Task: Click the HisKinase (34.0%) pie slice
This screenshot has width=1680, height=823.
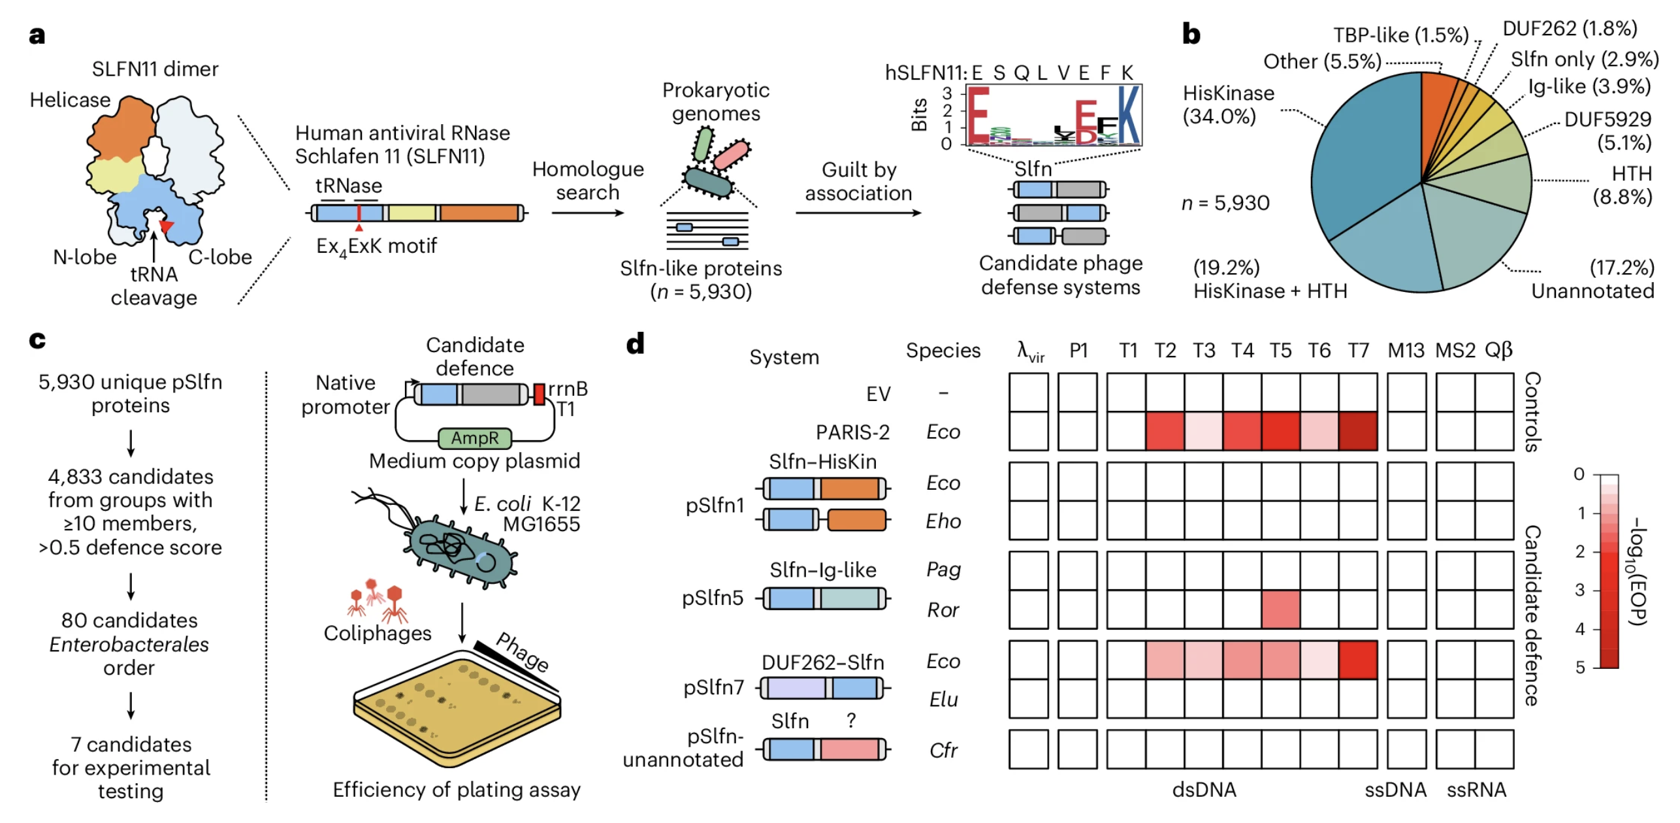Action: pos(1359,157)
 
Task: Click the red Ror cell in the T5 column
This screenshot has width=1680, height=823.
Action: pos(1280,609)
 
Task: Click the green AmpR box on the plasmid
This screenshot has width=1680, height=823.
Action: pos(474,438)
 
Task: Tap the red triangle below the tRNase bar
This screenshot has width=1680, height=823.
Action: pos(359,227)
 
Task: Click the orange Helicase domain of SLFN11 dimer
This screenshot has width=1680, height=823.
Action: pos(121,131)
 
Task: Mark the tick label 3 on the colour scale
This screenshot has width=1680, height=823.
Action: pos(1579,590)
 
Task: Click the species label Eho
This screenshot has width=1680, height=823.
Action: pos(943,521)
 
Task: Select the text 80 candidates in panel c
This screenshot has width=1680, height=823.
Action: pos(129,620)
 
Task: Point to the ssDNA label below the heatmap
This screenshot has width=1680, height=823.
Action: pos(1395,790)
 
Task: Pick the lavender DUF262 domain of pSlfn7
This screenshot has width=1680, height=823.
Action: pos(795,688)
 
